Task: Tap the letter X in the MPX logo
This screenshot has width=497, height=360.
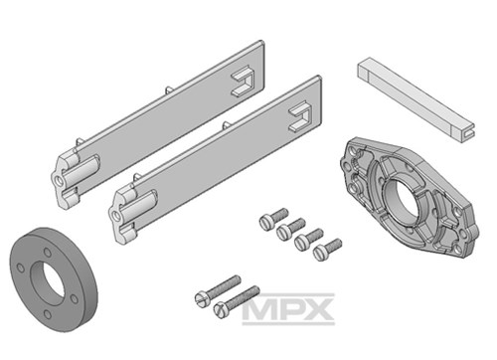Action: [x=318, y=309]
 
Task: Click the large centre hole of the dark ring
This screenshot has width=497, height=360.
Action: [x=49, y=283]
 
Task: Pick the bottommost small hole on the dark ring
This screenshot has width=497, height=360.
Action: [x=48, y=314]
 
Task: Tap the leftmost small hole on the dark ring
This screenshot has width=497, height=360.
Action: [x=21, y=268]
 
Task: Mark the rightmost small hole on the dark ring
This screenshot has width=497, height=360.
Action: [x=75, y=299]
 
